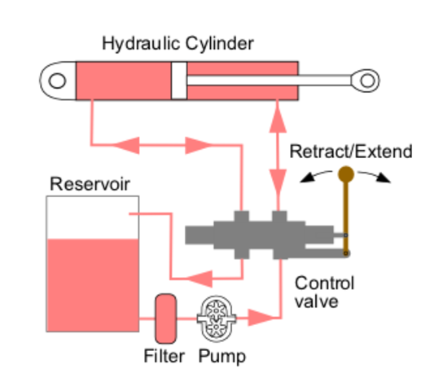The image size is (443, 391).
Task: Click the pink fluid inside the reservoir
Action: [x=92, y=285]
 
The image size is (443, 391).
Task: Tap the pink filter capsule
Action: [x=166, y=318]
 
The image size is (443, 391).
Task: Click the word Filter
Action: [x=166, y=356]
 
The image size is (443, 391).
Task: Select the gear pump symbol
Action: [x=215, y=317]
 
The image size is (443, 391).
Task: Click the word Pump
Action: [x=221, y=356]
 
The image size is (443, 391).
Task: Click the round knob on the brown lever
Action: [x=346, y=174]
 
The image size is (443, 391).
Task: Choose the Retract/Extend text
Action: [x=351, y=152]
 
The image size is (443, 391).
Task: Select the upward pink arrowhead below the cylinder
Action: [x=279, y=116]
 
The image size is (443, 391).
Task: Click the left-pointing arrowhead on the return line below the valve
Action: [x=200, y=275]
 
